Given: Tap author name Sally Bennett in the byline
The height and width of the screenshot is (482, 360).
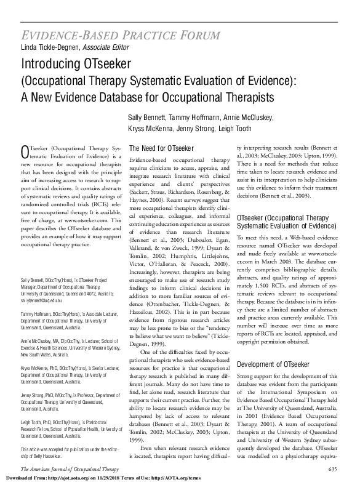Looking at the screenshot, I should click(148, 118).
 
